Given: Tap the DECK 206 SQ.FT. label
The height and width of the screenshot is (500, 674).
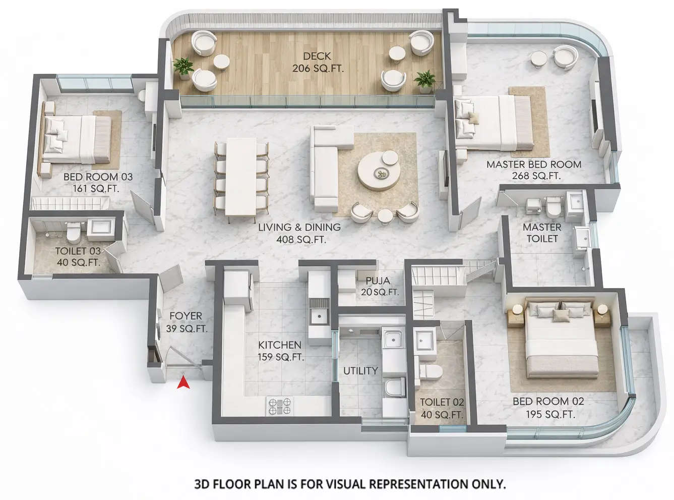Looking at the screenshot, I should coord(318,62).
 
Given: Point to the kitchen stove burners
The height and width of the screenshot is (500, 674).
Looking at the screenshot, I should coord(280,406).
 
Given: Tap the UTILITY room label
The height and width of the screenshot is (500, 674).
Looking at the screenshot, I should coord(360,371).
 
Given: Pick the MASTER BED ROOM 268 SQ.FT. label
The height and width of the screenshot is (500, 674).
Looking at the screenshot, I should coord(534,170).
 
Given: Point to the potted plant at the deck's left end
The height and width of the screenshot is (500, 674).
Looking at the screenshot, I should coord(183,67).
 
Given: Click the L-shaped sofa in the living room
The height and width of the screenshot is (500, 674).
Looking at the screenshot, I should coord(325,166).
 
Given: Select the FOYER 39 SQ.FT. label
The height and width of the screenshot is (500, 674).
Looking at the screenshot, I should coord(186,322).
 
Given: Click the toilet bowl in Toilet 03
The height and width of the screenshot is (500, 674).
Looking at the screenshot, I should coord(74,233).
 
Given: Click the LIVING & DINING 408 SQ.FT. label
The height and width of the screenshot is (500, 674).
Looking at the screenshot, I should coord(299,233).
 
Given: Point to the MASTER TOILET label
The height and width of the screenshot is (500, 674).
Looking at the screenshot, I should coord(541,233).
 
